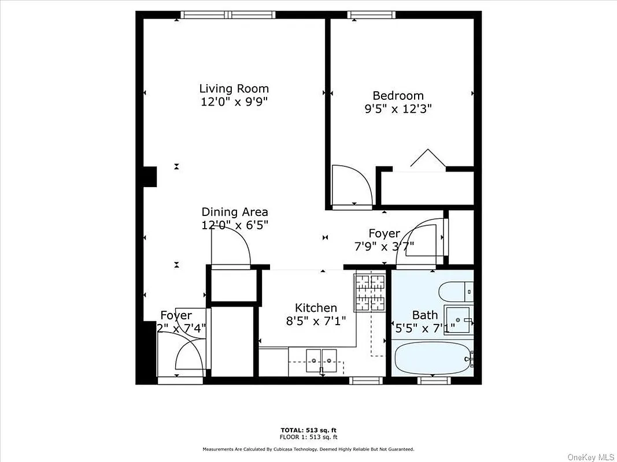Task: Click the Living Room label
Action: pos(234,88)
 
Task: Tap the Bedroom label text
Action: pos(398,96)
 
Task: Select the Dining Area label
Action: pos(234,212)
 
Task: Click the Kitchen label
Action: pos(316,308)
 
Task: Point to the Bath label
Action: pos(424,315)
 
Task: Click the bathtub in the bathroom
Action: pos(431,359)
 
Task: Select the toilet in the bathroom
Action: pos(456,292)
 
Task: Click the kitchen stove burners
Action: pos(370,292)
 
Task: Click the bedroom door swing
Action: pos(352,185)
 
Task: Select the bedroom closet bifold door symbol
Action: pos(428,159)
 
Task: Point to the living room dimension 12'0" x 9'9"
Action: pos(234,102)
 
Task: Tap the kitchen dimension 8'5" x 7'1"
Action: pos(316,321)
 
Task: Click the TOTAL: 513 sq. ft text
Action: pos(308,430)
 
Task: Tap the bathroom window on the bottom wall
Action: pos(434,380)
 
